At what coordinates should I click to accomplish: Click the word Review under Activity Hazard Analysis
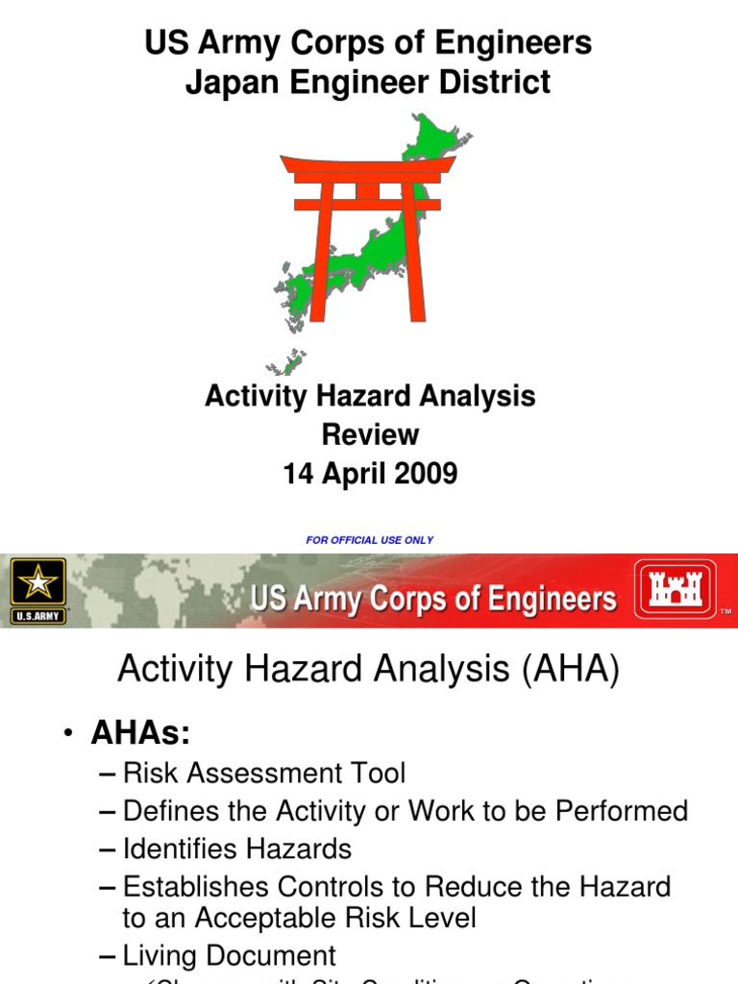coord(370,434)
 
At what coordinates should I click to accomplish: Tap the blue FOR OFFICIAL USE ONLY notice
coord(370,540)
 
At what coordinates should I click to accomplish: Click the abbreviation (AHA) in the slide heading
coord(571,671)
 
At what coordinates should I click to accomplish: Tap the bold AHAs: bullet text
coord(140,733)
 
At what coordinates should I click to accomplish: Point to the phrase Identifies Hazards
coord(237,849)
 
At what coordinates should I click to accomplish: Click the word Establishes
coord(200,887)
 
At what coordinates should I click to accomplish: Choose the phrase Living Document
coord(230,955)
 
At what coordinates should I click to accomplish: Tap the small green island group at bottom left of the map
coord(286,363)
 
